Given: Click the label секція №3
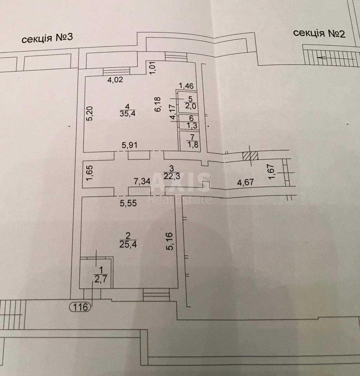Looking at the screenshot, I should [x=47, y=39].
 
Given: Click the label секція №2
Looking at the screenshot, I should [x=319, y=33].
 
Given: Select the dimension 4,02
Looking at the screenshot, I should [x=115, y=80].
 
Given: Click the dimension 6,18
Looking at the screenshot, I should [x=158, y=104].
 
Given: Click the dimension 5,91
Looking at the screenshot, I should [x=130, y=145].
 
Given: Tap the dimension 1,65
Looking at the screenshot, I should [x=89, y=173].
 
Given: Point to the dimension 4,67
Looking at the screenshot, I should [x=245, y=182].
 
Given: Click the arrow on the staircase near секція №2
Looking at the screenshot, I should [x=326, y=58].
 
